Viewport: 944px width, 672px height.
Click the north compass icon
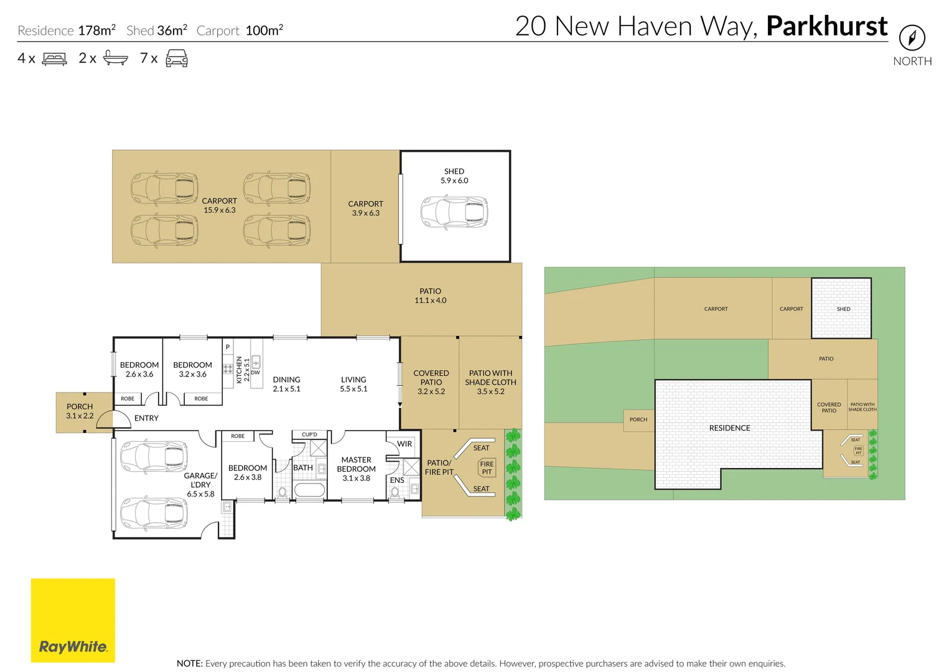tap(912, 38)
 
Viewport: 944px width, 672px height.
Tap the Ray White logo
tap(73, 620)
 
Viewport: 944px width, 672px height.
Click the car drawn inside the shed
tap(454, 212)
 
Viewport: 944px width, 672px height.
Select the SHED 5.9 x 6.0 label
tap(454, 176)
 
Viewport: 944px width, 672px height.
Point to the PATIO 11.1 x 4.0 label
tap(430, 296)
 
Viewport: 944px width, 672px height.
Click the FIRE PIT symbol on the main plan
tap(487, 468)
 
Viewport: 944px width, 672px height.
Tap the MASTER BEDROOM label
tap(356, 469)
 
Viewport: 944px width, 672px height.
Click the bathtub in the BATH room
tap(309, 490)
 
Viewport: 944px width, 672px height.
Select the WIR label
tap(404, 444)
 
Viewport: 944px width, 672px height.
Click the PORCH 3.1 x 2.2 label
tap(80, 411)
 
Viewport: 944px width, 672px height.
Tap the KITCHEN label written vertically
tap(239, 369)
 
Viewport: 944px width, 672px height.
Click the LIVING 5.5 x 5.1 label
tap(353, 384)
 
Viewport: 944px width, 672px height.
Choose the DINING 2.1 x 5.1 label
tap(286, 384)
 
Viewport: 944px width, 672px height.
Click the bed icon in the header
tap(54, 58)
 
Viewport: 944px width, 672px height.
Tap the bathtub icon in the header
tap(115, 58)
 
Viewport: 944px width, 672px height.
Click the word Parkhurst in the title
tap(826, 26)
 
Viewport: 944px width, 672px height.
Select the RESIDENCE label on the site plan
tap(729, 428)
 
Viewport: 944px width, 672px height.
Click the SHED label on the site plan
tap(843, 309)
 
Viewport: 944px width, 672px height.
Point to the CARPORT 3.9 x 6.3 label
tap(365, 208)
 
